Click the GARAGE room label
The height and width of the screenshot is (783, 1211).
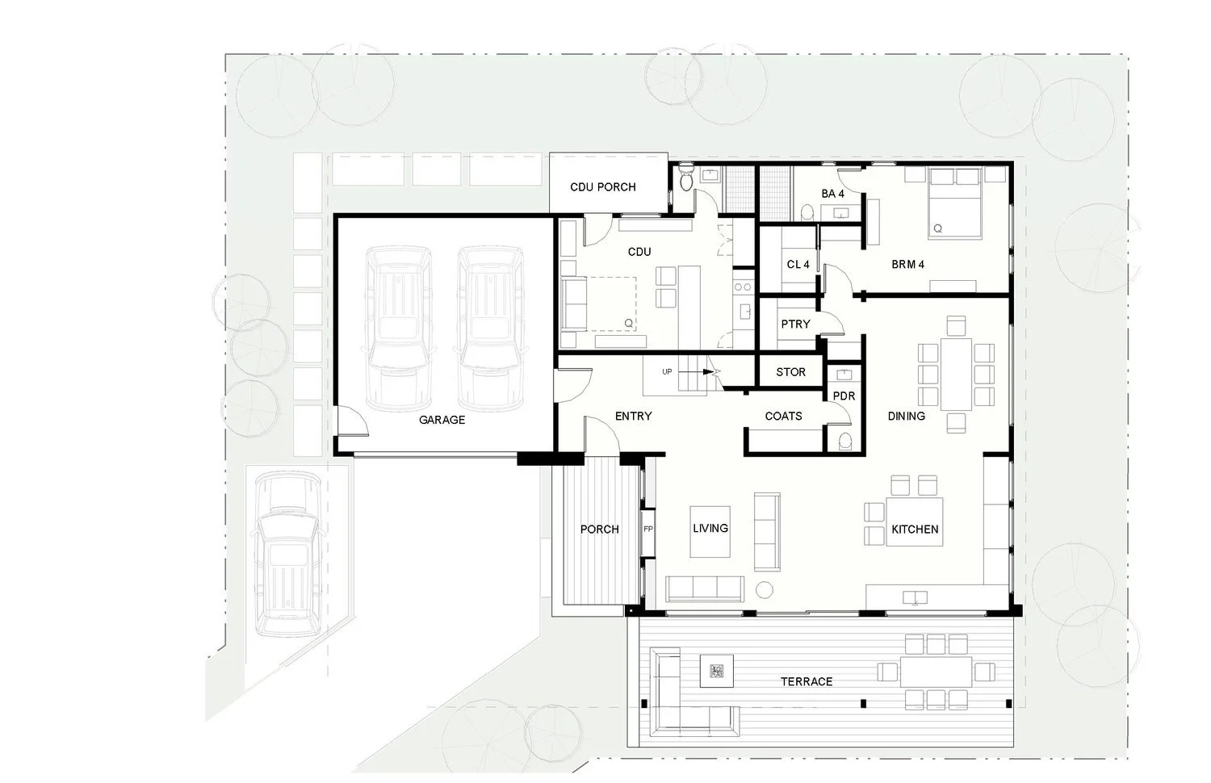[442, 420]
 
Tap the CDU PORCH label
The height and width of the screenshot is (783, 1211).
[603, 187]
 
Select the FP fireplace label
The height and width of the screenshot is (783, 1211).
[648, 529]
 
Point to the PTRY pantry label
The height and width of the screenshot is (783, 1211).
[795, 325]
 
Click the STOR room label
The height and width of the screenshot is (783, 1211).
[790, 372]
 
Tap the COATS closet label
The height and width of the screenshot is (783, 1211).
[783, 416]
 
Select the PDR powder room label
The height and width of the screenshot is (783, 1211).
[844, 396]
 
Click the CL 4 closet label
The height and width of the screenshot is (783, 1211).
[798, 264]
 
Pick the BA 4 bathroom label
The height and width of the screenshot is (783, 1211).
[832, 194]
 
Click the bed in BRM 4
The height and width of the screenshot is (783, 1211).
[955, 203]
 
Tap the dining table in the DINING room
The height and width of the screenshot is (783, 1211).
[956, 374]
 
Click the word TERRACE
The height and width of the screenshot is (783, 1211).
[807, 682]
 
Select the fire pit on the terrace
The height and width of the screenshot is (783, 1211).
[717, 671]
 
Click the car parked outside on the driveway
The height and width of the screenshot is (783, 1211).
[287, 555]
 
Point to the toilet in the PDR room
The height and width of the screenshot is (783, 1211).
[844, 441]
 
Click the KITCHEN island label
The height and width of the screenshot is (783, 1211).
[915, 529]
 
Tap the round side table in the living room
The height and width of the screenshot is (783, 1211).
[764, 589]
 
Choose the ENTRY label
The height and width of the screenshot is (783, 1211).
[634, 416]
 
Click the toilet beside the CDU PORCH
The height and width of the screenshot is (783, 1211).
[686, 178]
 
